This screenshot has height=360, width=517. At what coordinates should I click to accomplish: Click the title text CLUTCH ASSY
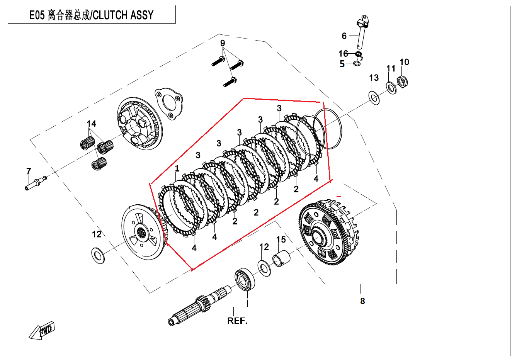[123, 15]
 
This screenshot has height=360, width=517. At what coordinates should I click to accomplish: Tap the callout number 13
[374, 78]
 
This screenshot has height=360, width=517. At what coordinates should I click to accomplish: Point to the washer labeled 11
[391, 88]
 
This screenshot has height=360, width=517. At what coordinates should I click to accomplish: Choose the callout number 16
[343, 54]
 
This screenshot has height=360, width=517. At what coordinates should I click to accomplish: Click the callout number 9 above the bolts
[223, 43]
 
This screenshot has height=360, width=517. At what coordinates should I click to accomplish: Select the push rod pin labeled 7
[33, 185]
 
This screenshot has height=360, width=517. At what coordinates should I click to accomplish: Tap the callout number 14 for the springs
[91, 124]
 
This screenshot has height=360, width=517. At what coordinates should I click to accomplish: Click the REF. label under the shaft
[237, 321]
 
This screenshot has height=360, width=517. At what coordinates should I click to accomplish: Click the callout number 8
[362, 301]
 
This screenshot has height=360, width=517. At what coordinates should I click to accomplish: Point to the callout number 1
[177, 169]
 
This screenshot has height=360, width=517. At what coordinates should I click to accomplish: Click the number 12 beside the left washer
[97, 234]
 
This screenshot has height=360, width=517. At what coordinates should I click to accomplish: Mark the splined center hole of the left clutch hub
[141, 235]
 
